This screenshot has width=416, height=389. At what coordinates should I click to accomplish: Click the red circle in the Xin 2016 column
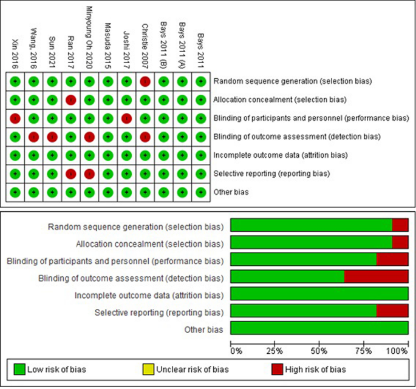coord(15,118)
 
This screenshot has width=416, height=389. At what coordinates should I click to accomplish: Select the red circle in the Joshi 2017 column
coord(126,118)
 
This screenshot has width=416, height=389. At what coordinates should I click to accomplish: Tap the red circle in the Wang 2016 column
coord(33,137)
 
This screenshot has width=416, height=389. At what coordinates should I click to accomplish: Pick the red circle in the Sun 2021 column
coord(52,137)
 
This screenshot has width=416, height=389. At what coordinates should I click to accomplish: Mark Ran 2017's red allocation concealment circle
coord(70,100)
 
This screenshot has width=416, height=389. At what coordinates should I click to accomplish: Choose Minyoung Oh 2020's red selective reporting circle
coord(89,174)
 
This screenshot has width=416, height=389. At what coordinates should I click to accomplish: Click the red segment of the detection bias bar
coord(376,277)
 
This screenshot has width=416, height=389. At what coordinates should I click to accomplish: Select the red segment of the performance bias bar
coord(392,260)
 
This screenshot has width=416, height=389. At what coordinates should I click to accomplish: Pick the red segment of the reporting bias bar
coord(392,312)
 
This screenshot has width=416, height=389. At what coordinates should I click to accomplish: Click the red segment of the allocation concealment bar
coord(400,243)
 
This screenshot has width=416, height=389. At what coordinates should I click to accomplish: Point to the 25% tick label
coord(275,351)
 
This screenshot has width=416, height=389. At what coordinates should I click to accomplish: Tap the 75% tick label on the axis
coord(364,351)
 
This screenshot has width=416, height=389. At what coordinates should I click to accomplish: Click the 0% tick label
coord(236,351)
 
